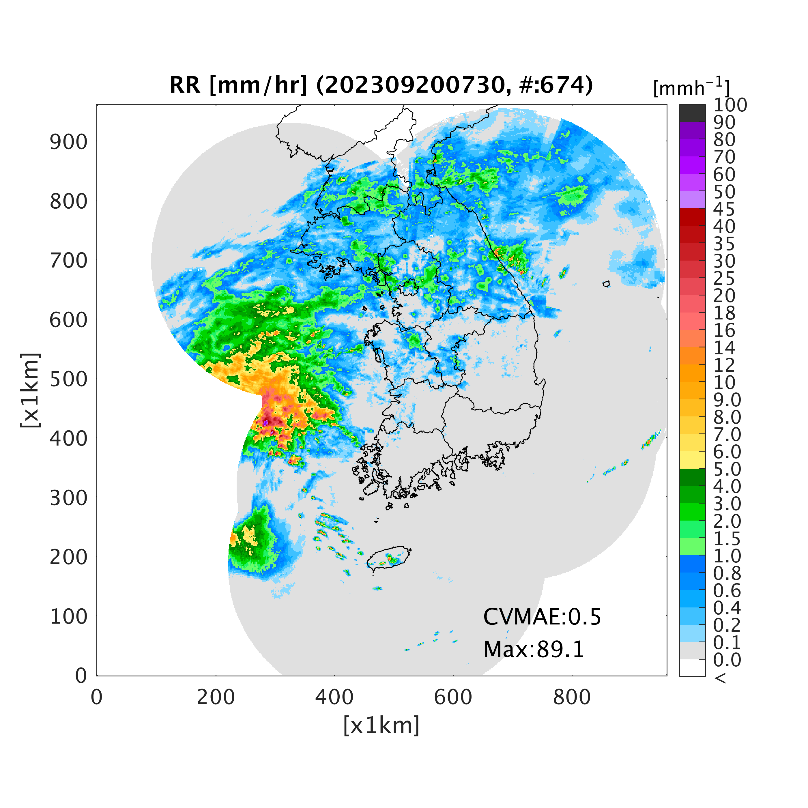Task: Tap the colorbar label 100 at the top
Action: pyautogui.click(x=730, y=105)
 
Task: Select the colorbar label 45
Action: pyautogui.click(x=724, y=209)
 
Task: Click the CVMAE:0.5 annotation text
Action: pyautogui.click(x=542, y=617)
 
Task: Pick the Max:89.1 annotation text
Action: pyautogui.click(x=534, y=650)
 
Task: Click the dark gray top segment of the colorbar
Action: pyautogui.click(x=692, y=113)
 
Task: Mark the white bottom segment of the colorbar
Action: pyautogui.click(x=692, y=668)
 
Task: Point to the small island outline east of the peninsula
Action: pyautogui.click(x=606, y=284)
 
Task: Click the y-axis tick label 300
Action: pyautogui.click(x=69, y=498)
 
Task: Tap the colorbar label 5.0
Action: pyautogui.click(x=727, y=469)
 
